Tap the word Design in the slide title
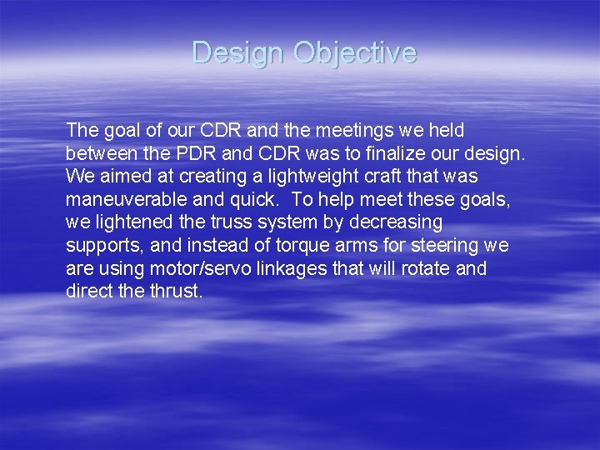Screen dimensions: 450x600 click(x=238, y=53)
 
